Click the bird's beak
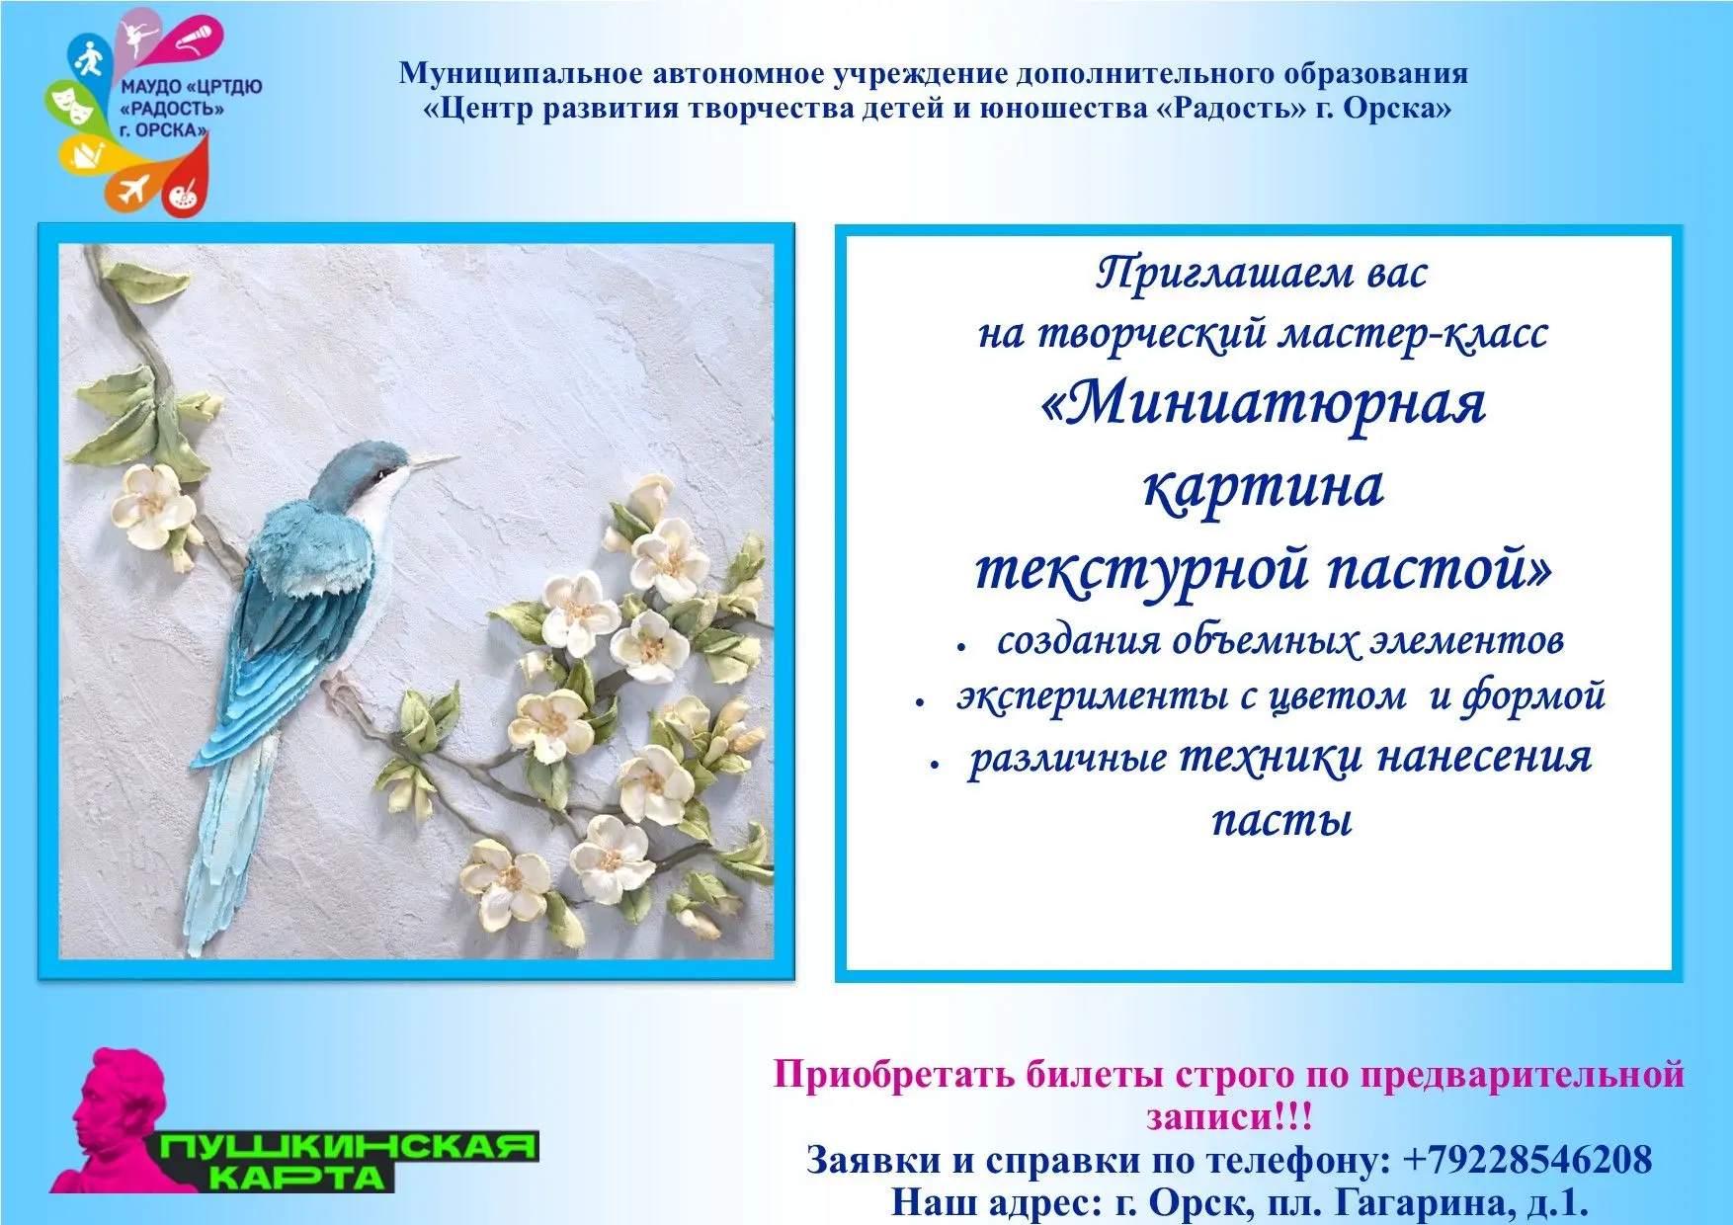(x=435, y=461)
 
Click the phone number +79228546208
(x=1527, y=1159)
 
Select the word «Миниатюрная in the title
(x=1264, y=405)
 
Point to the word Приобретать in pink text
(x=894, y=1074)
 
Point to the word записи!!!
(x=1230, y=1117)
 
